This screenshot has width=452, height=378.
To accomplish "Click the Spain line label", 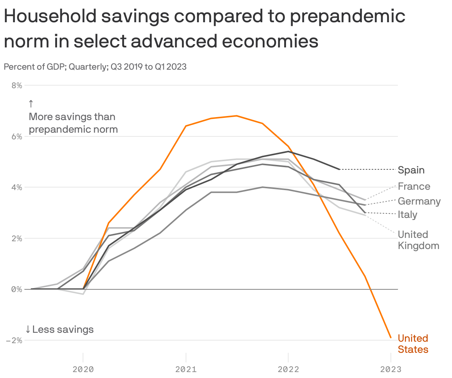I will coord(411,170).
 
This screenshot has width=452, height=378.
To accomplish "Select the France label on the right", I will coord(414,186).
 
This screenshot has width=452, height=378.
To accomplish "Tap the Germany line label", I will coord(419,201).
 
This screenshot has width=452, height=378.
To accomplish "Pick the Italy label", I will coord(407,215).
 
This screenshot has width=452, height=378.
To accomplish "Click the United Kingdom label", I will coord(418,240).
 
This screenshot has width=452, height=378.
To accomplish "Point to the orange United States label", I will coord(413,344).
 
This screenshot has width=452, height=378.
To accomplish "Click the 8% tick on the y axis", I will coord(17,86).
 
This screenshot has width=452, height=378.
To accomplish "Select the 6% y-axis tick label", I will coord(17,136).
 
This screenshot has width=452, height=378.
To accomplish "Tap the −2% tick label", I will coord(14,340).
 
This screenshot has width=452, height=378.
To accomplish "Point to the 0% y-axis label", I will coord(17,289).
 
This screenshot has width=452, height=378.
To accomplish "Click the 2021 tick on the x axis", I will coord(186,369).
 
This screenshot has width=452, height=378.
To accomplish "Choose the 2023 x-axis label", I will coord(390,369).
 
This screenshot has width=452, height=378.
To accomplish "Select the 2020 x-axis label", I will coord(83,369).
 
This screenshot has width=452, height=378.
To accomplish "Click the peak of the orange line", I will coord(237,116).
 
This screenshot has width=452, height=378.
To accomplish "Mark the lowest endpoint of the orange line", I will coord(390,337).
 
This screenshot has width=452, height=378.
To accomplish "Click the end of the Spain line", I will coord(339,169).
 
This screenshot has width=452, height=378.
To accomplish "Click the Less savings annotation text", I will coord(63,329).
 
